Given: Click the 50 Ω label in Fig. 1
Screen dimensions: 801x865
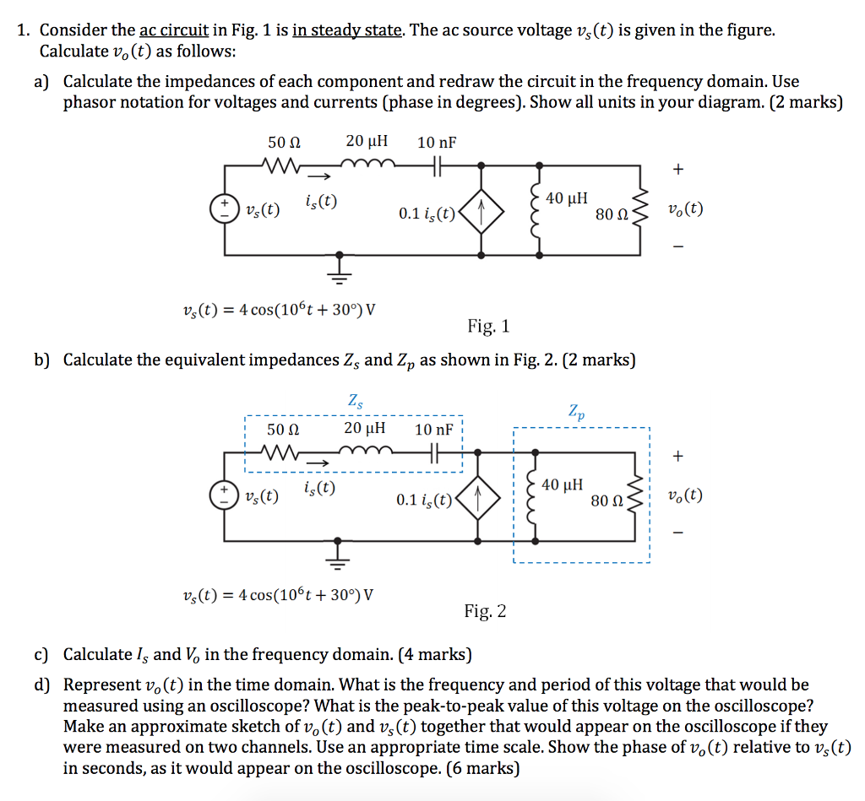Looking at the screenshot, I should point(285,142).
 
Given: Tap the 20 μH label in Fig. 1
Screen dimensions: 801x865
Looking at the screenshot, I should point(367,142).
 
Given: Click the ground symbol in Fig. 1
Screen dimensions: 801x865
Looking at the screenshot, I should point(340,266).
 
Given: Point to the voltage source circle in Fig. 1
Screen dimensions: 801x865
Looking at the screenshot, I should point(225,208).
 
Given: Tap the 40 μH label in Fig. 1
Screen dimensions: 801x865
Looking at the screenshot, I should point(567,198).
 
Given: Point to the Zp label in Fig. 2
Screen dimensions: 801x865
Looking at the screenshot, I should point(576,414).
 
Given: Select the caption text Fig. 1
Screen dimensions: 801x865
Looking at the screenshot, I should point(488,326).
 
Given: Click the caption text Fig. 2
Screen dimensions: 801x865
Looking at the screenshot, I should point(485,611).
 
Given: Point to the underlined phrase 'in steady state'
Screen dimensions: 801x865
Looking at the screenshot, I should point(347,31).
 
